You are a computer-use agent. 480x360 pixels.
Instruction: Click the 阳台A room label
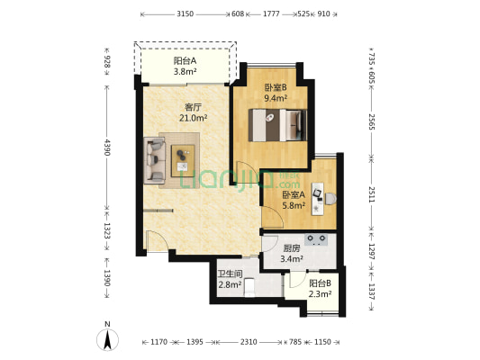tap(185, 61)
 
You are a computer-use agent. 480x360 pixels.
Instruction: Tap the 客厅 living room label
tap(193, 107)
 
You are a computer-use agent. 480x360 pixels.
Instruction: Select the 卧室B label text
tap(276, 88)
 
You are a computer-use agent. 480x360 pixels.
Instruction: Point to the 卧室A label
tap(294, 194)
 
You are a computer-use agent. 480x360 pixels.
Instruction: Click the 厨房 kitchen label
tap(292, 248)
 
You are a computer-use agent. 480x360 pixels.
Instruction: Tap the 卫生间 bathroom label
tap(231, 274)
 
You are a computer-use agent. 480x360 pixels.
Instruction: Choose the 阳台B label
tap(320, 283)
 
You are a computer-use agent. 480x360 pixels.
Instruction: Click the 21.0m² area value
tap(194, 118)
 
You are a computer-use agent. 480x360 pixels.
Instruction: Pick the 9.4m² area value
tap(276, 98)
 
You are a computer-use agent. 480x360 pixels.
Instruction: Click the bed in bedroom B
tap(277, 125)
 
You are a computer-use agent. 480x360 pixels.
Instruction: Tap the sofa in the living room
tap(155, 160)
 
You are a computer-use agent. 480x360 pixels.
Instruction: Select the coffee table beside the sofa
tap(183, 161)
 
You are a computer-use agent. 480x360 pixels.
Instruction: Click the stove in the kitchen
tap(316, 239)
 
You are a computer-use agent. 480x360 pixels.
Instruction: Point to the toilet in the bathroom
tap(249, 287)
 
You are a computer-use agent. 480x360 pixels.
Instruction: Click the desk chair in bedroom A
tap(331, 199)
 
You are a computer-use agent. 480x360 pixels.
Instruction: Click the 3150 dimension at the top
tap(185, 13)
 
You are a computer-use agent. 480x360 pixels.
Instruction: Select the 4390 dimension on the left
tap(107, 147)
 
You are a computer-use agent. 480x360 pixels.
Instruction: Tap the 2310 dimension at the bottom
tap(249, 342)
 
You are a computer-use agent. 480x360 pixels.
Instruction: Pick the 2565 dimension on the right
tap(371, 121)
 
